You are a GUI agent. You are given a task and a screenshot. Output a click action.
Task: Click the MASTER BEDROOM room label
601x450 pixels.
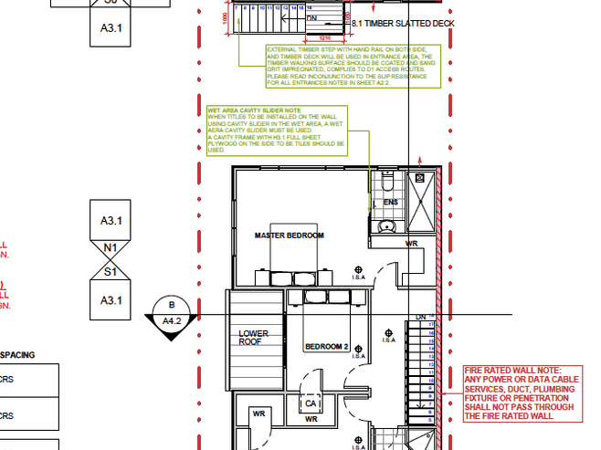289,235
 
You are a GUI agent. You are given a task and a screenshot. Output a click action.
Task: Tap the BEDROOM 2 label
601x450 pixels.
327,347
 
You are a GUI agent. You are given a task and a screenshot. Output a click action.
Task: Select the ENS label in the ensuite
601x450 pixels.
391,202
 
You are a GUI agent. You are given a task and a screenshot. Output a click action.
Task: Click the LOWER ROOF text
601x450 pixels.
254,338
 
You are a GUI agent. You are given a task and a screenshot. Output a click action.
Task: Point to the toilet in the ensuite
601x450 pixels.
387,178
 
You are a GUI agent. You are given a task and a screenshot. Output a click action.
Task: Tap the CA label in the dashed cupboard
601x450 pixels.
311,403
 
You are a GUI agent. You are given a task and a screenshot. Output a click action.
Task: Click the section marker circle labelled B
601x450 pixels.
169,305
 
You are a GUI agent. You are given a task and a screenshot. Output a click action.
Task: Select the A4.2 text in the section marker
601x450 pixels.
170,321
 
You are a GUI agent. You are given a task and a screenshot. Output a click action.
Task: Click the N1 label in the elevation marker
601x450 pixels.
111,247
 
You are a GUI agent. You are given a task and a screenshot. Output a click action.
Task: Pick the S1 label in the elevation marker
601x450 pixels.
111,272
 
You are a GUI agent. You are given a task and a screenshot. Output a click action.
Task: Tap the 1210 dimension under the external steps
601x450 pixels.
326,39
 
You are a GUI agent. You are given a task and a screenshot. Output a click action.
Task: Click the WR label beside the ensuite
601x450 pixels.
411,244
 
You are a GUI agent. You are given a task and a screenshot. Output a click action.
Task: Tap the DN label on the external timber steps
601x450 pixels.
311,18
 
